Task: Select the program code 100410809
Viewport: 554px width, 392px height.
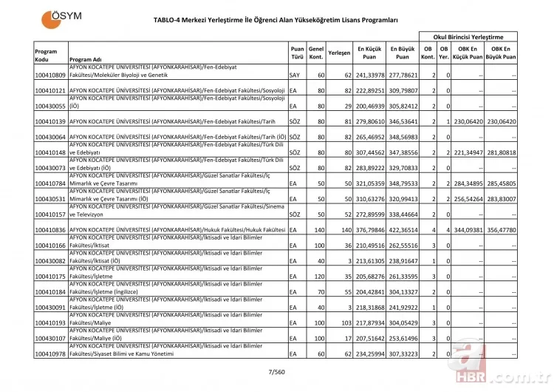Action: coord(50,75)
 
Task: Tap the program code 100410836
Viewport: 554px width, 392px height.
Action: coord(50,230)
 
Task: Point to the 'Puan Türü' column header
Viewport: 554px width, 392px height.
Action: coord(296,53)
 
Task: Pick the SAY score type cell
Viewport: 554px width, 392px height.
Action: coord(295,75)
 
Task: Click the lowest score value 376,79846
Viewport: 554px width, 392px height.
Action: coord(369,230)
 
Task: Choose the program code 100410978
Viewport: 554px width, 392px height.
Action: coord(50,354)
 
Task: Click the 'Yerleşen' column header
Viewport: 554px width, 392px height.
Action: coord(338,53)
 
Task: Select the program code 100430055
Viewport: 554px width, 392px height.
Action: coord(50,106)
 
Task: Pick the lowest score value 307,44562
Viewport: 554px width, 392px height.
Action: coord(369,152)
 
